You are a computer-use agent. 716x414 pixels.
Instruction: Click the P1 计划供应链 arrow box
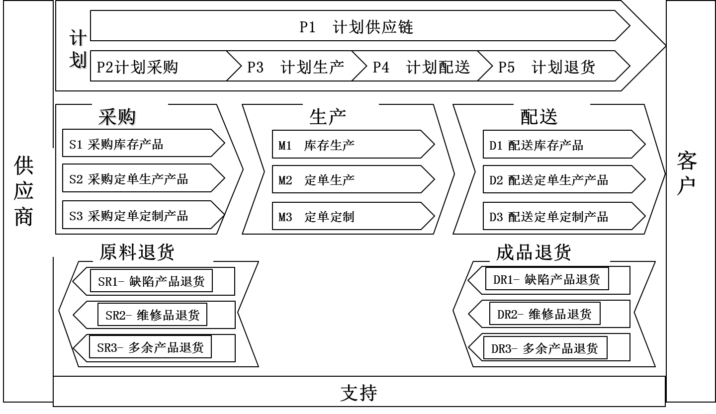pyautogui.click(x=356, y=27)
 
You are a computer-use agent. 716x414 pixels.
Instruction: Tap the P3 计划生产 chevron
pyautogui.click(x=295, y=67)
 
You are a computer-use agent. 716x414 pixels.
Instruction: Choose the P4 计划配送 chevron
pyautogui.click(x=421, y=67)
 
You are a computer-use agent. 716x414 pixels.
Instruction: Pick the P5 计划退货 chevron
pyautogui.click(x=552, y=67)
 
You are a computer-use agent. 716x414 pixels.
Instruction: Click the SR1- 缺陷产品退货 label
pyautogui.click(x=151, y=281)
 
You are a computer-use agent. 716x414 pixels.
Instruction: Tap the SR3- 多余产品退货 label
pyautogui.click(x=150, y=347)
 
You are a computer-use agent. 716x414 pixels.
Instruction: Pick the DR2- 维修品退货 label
pyautogui.click(x=544, y=314)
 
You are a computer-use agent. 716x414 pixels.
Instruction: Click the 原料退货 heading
pyautogui.click(x=137, y=252)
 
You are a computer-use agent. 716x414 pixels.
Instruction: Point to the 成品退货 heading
pyautogui.click(x=534, y=252)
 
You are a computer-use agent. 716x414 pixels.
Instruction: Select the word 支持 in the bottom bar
pyautogui.click(x=358, y=393)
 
